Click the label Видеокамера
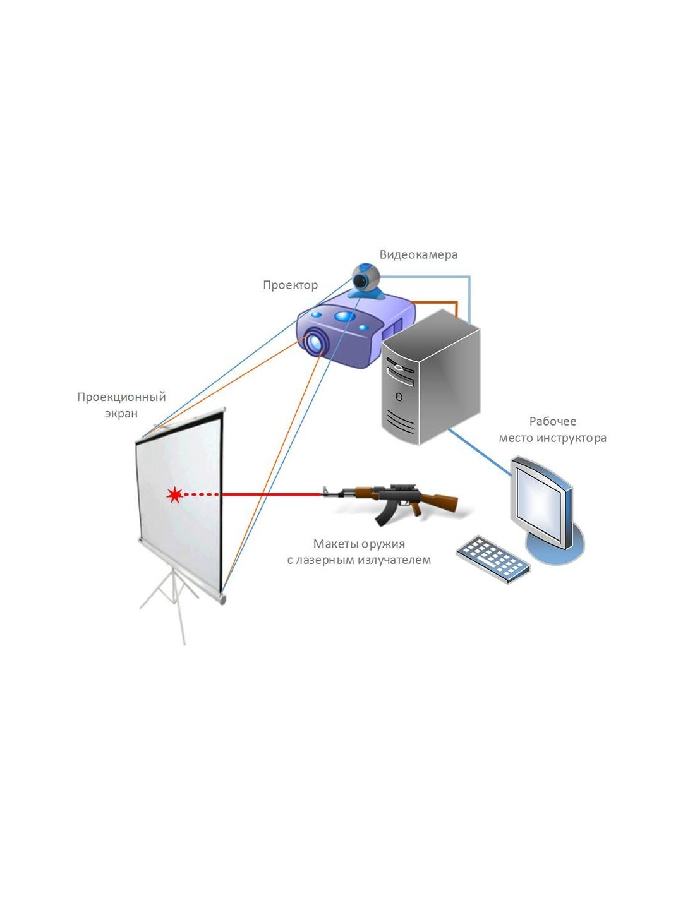pyautogui.click(x=418, y=254)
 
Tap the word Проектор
pyautogui.click(x=290, y=285)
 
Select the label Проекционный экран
pyautogui.click(x=121, y=405)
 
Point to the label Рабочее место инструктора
pyautogui.click(x=552, y=429)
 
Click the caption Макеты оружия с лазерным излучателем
pyautogui.click(x=359, y=551)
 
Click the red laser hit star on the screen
pyautogui.click(x=174, y=495)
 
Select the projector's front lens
pyautogui.click(x=315, y=342)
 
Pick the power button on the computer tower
pyautogui.click(x=399, y=397)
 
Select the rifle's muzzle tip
pyautogui.click(x=325, y=491)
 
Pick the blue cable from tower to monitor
pyautogui.click(x=480, y=451)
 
